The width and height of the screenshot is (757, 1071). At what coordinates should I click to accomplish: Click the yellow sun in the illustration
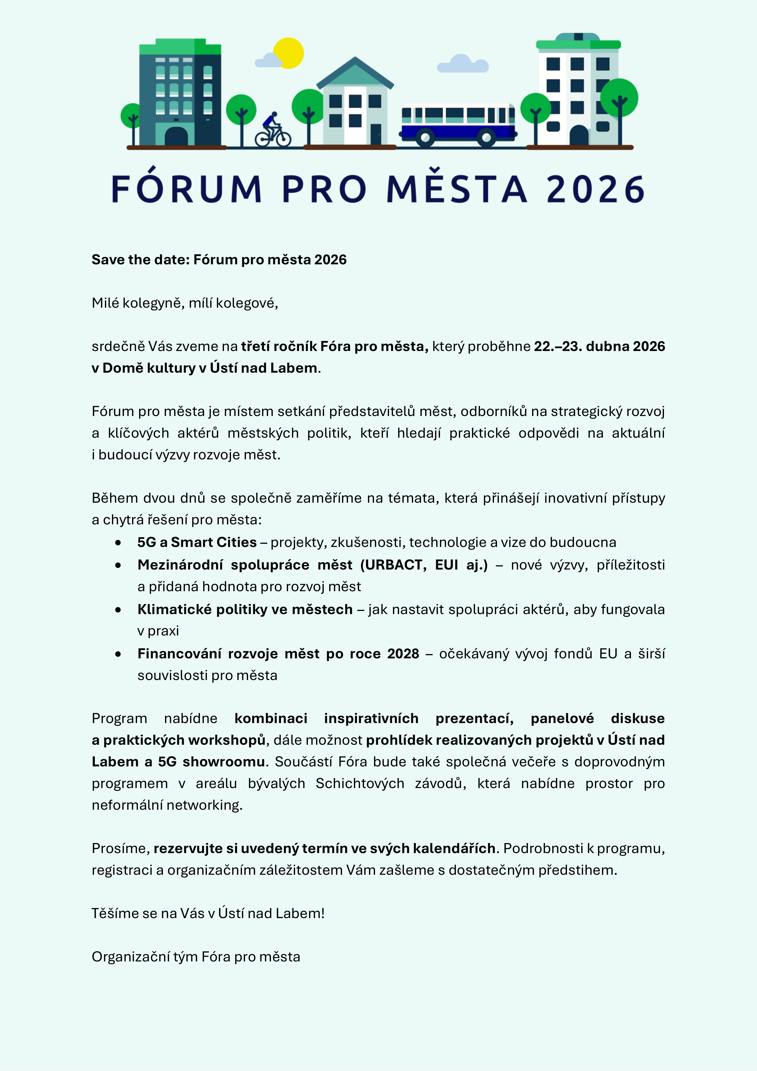pos(289,53)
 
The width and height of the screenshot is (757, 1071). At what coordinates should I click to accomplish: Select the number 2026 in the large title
pos(595,189)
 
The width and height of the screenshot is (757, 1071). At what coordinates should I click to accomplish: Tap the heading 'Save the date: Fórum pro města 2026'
pos(219,259)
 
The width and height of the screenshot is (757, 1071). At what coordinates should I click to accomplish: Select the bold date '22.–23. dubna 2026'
pos(599,346)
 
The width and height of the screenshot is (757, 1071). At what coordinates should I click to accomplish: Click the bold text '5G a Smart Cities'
pos(197,542)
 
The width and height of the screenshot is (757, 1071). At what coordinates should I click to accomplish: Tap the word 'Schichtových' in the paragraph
pos(360,783)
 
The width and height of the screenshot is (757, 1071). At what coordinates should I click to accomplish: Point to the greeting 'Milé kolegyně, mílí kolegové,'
pos(185,303)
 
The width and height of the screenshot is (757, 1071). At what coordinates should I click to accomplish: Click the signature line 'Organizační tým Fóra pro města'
pos(196,957)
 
